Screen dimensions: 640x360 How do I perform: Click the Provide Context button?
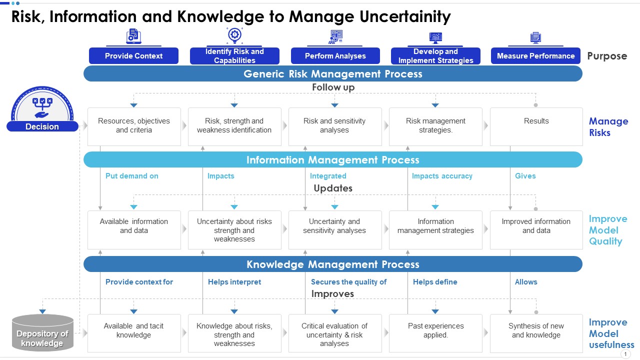click(133, 55)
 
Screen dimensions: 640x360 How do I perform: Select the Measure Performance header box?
click(535, 55)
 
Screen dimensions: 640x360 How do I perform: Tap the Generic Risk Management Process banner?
click(333, 73)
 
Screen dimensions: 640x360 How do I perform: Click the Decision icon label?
click(42, 126)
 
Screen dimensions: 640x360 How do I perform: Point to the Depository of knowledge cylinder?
click(42, 333)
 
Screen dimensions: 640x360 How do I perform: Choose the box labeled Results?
click(536, 126)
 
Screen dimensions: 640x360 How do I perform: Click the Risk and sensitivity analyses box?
click(335, 126)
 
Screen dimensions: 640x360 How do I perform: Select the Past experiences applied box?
click(435, 333)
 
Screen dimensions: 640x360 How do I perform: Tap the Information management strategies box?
click(435, 229)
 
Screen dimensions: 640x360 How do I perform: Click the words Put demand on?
click(131, 176)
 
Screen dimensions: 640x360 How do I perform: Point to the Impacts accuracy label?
click(442, 176)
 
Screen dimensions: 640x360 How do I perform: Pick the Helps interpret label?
click(234, 282)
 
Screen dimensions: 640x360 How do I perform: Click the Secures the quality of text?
click(348, 282)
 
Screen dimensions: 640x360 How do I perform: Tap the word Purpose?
click(607, 56)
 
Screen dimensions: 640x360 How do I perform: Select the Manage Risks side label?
click(608, 127)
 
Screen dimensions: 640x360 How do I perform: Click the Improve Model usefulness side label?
click(611, 333)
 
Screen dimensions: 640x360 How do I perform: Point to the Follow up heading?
click(333, 87)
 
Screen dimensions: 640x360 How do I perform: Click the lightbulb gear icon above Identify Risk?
click(234, 35)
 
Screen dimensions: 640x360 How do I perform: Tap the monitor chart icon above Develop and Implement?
click(435, 37)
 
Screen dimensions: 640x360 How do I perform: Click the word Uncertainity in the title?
click(405, 16)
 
